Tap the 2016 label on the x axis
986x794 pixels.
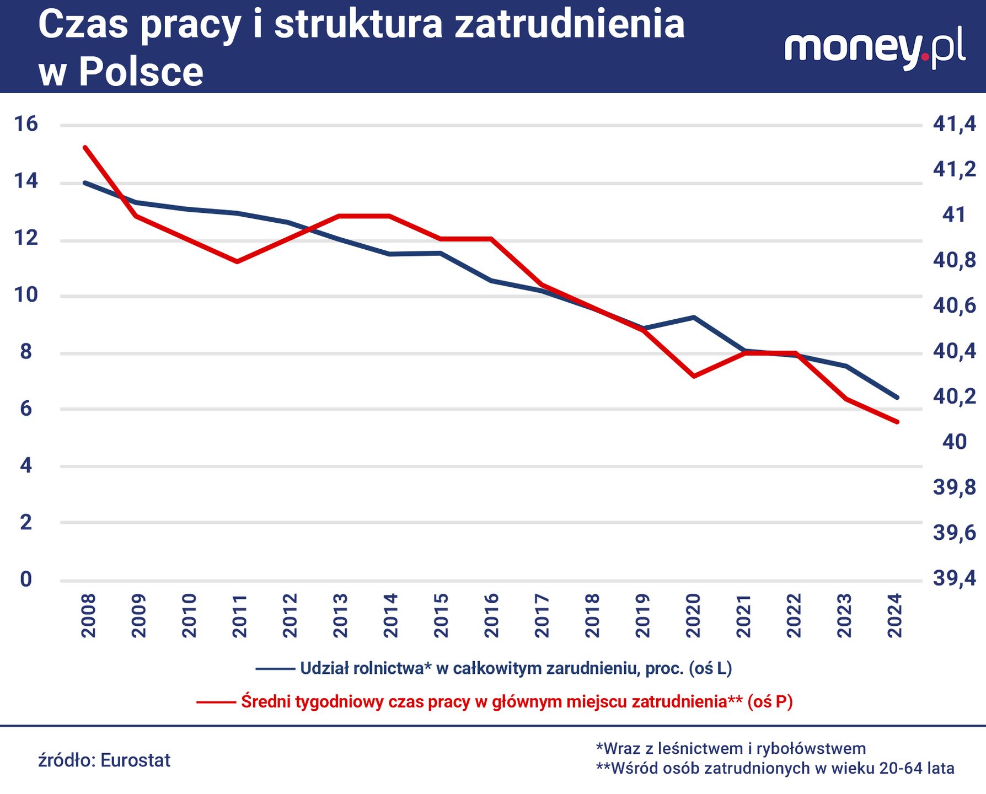pyautogui.click(x=491, y=615)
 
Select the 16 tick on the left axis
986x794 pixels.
pyautogui.click(x=26, y=124)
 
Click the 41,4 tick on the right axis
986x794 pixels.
pyautogui.click(x=954, y=124)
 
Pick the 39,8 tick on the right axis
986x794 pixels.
pyautogui.click(x=954, y=487)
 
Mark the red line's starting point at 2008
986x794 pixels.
pyautogui.click(x=85, y=148)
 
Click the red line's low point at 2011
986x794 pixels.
pyautogui.click(x=237, y=261)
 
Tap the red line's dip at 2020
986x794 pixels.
pyautogui.click(x=694, y=376)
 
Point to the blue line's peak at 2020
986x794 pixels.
pyautogui.click(x=694, y=318)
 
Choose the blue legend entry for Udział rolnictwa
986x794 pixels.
pyautogui.click(x=515, y=668)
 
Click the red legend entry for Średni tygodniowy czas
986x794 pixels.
pyautogui.click(x=516, y=702)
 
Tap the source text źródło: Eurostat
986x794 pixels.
pyautogui.click(x=104, y=760)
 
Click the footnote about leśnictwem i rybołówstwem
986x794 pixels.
pyautogui.click(x=731, y=748)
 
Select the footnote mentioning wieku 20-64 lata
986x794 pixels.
pyautogui.click(x=775, y=768)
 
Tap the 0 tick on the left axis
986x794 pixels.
pyautogui.click(x=26, y=580)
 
